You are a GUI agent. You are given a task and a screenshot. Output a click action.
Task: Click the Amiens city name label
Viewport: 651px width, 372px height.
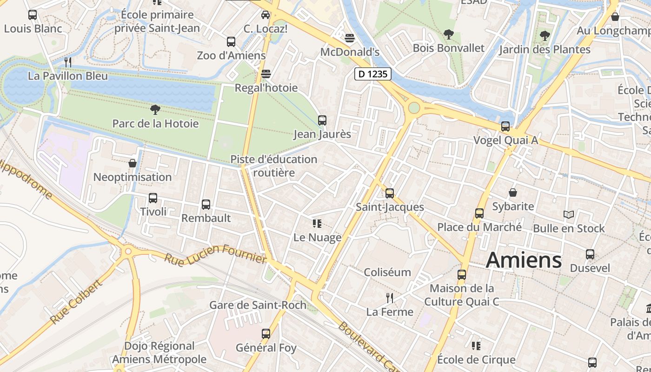click(524, 260)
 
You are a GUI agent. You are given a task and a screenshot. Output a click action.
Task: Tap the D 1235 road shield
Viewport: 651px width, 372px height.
click(373, 74)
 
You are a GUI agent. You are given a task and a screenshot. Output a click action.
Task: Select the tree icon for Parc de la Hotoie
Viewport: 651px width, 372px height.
click(155, 110)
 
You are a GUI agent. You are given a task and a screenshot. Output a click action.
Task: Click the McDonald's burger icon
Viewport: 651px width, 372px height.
click(350, 38)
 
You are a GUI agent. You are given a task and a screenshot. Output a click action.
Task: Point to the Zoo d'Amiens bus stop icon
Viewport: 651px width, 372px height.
click(231, 42)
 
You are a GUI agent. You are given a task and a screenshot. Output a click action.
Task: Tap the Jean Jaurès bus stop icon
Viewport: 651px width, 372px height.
click(322, 120)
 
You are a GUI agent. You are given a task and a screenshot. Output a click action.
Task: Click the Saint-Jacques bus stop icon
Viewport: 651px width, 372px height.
click(390, 193)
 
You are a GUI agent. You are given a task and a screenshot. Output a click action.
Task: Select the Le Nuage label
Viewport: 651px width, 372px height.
click(317, 238)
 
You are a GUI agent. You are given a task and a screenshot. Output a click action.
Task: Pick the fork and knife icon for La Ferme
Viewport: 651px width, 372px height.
click(390, 298)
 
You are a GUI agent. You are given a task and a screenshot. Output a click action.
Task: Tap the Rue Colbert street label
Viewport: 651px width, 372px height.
click(75, 302)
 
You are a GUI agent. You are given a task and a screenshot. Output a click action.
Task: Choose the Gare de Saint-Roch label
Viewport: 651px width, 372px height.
click(258, 305)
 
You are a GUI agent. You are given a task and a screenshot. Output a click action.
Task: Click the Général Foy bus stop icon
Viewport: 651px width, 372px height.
click(266, 334)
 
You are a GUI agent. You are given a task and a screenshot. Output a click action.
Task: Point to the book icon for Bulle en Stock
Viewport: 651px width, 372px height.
click(569, 214)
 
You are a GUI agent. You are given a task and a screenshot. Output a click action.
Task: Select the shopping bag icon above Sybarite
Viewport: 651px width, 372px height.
click(513, 193)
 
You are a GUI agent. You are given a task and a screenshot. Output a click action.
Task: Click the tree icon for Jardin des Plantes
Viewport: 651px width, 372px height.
click(545, 35)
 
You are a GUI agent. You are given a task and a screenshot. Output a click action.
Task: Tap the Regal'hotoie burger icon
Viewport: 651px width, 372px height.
click(266, 74)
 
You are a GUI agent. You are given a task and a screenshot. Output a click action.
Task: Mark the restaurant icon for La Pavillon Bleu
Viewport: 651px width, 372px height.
click(68, 62)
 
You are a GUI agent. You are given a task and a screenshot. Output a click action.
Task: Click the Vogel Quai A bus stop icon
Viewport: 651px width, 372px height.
click(505, 126)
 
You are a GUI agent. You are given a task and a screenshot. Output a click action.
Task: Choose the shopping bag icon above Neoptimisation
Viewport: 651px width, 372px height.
click(133, 163)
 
